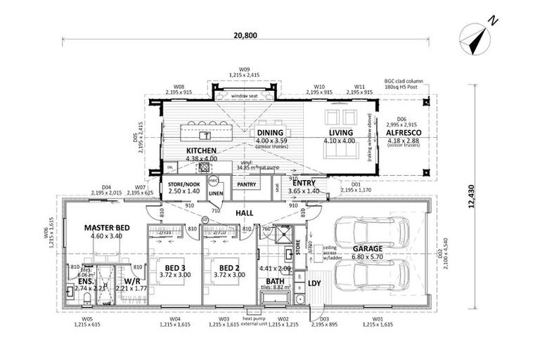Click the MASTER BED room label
(107, 228)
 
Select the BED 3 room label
(174, 268)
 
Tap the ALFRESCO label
(403, 132)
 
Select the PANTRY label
(247, 184)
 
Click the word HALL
(245, 212)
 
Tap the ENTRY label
(305, 182)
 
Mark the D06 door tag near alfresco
(401, 119)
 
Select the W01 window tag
(378, 320)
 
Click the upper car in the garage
(368, 229)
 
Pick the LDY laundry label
(314, 283)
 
